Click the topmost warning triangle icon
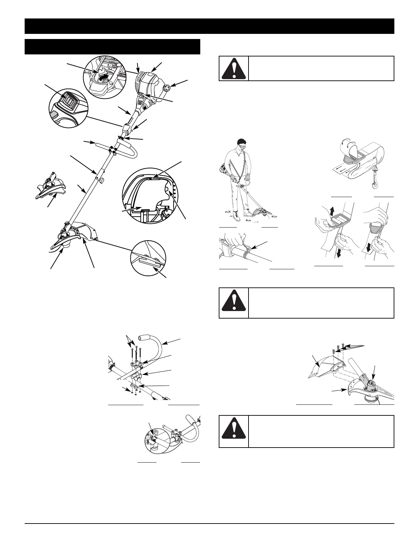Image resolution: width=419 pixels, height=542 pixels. coord(234,68)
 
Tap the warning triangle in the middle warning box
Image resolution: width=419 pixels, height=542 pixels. coord(234,303)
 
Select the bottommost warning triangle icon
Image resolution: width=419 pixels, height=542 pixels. coord(234,431)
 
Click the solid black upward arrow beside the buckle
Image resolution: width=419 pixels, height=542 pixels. coord(332,210)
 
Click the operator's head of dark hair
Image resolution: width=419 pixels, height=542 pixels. coord(242,141)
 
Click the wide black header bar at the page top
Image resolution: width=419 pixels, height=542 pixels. coord(209,26)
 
